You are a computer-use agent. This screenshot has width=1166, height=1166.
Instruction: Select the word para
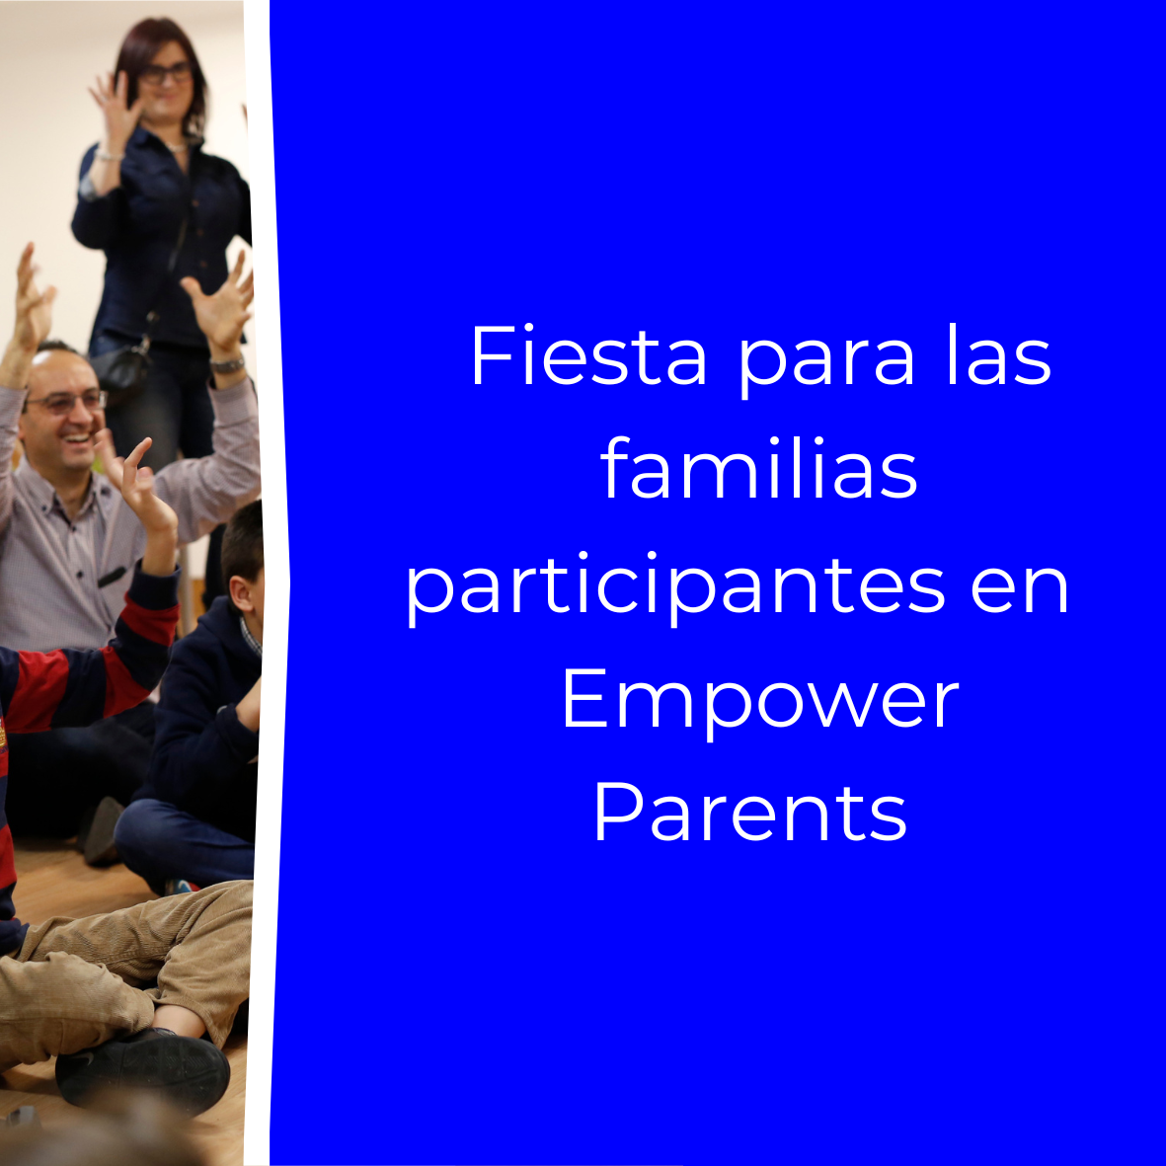pos(825,364)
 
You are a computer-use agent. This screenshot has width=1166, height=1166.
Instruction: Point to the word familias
pos(758,469)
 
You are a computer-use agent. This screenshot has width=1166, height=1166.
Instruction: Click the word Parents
pos(750,811)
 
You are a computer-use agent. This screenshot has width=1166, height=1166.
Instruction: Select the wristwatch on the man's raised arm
pos(227,364)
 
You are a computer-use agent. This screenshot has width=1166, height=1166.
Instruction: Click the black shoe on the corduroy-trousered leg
pos(143,1071)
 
